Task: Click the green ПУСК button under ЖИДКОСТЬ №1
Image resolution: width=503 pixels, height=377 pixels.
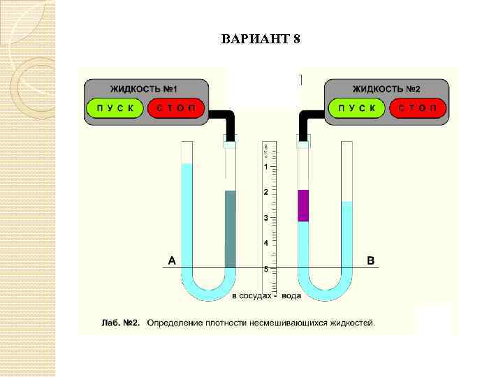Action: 115,108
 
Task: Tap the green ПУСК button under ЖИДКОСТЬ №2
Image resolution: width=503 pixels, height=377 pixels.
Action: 357,108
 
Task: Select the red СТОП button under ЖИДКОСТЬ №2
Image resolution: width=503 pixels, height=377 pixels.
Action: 418,108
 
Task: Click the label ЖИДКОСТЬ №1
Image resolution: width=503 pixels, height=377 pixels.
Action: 144,89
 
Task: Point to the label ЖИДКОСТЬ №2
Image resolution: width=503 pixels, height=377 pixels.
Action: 386,89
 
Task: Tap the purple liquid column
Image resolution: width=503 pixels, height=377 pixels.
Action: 303,205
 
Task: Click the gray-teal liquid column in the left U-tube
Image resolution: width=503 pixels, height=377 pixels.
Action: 231,229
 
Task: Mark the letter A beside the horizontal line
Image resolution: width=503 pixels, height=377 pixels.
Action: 172,261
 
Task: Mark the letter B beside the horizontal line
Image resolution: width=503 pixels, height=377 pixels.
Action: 371,261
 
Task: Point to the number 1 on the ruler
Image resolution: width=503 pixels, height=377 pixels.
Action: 265,167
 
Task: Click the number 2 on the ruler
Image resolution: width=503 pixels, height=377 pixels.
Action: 265,192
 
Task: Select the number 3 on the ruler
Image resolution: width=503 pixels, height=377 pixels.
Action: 265,218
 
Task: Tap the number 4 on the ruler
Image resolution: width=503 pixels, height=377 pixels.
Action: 265,243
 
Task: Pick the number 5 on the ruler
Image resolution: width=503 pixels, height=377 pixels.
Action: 265,269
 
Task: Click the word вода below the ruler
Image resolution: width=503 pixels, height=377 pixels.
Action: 291,296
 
